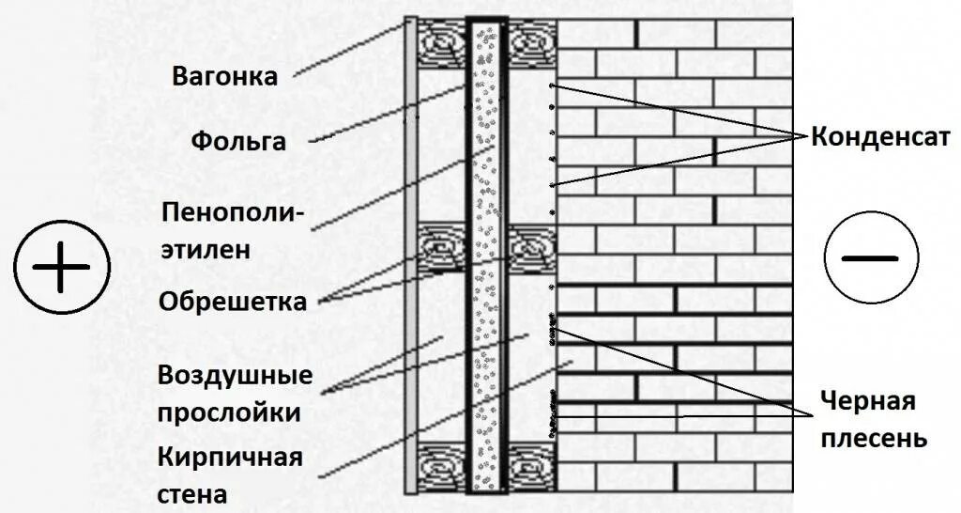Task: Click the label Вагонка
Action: pos(225,77)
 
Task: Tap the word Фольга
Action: pos(238,142)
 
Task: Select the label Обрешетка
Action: pos(233,303)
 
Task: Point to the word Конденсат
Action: pos(881,137)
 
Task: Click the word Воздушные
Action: pos(235,375)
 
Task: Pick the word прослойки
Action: pos(229,412)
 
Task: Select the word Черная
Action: pos(868,402)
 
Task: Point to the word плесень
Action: pos(875,438)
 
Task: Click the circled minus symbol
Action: pos(869,259)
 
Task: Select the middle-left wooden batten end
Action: pos(442,250)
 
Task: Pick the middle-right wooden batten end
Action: pos(531,250)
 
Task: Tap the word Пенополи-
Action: pos(233,212)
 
